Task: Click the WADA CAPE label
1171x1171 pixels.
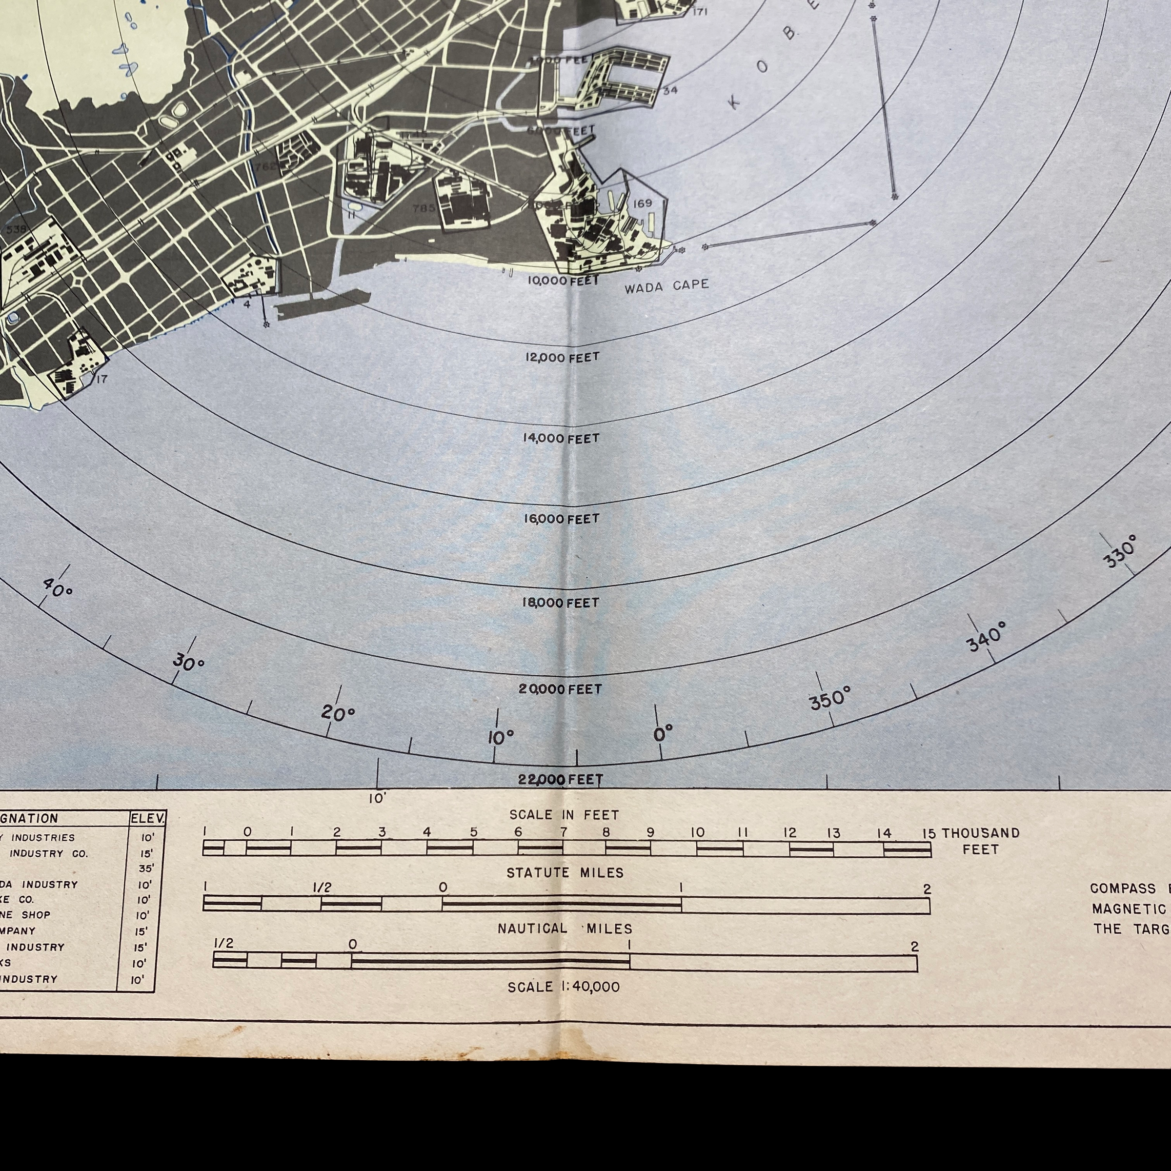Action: tap(666, 286)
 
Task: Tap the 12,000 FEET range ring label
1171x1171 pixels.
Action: tap(562, 358)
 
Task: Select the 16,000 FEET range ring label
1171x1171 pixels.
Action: tap(561, 519)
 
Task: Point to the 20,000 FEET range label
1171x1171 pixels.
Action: tap(560, 689)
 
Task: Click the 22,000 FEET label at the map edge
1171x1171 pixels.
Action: tap(561, 780)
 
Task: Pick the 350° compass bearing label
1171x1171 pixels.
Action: tap(830, 699)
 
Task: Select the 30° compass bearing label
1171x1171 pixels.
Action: tap(188, 663)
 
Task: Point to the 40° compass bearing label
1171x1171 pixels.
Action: tap(58, 586)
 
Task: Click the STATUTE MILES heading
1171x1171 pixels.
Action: tap(565, 873)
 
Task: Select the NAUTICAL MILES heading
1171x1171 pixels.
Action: tap(565, 929)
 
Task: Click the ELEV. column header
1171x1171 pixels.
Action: tap(147, 819)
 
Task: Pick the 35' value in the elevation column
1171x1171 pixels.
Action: tap(146, 868)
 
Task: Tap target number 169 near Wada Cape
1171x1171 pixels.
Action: tap(643, 203)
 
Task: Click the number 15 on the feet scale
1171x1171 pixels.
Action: tap(929, 833)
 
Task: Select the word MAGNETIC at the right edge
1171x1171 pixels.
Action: tap(1129, 909)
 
